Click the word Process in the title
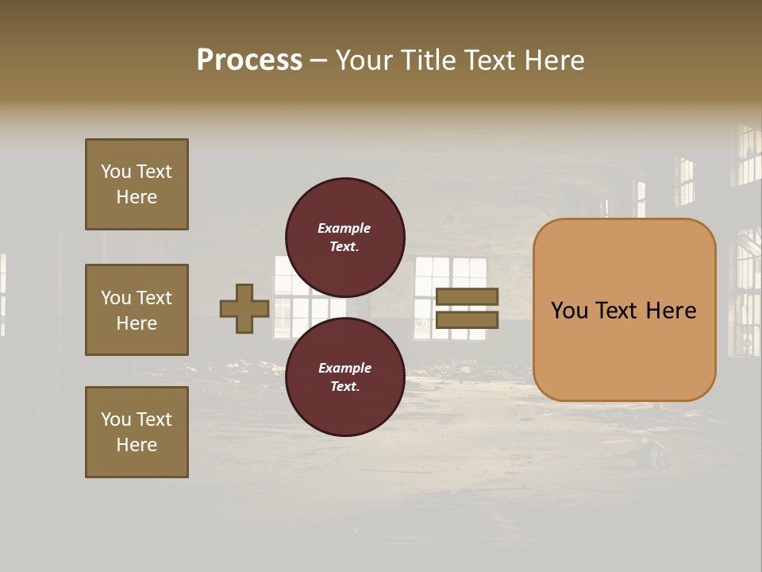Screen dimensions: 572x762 pos(249,60)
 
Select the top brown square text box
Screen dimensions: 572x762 pos(137,184)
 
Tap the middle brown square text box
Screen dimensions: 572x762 pos(137,310)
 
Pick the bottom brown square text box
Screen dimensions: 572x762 pos(137,431)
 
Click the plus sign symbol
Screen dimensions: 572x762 pos(244,308)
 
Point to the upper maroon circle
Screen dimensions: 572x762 pos(344,237)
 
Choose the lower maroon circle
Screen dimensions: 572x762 pos(344,377)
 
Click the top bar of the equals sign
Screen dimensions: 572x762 pos(467,297)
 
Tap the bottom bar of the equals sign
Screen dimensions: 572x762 pos(467,319)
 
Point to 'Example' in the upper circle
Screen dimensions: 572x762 pos(344,228)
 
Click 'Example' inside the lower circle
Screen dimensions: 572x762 pos(344,368)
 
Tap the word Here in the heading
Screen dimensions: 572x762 pos(552,60)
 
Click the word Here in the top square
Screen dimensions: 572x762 pos(137,197)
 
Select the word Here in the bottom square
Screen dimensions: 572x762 pos(137,445)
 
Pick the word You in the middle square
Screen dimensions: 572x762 pos(115,298)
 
